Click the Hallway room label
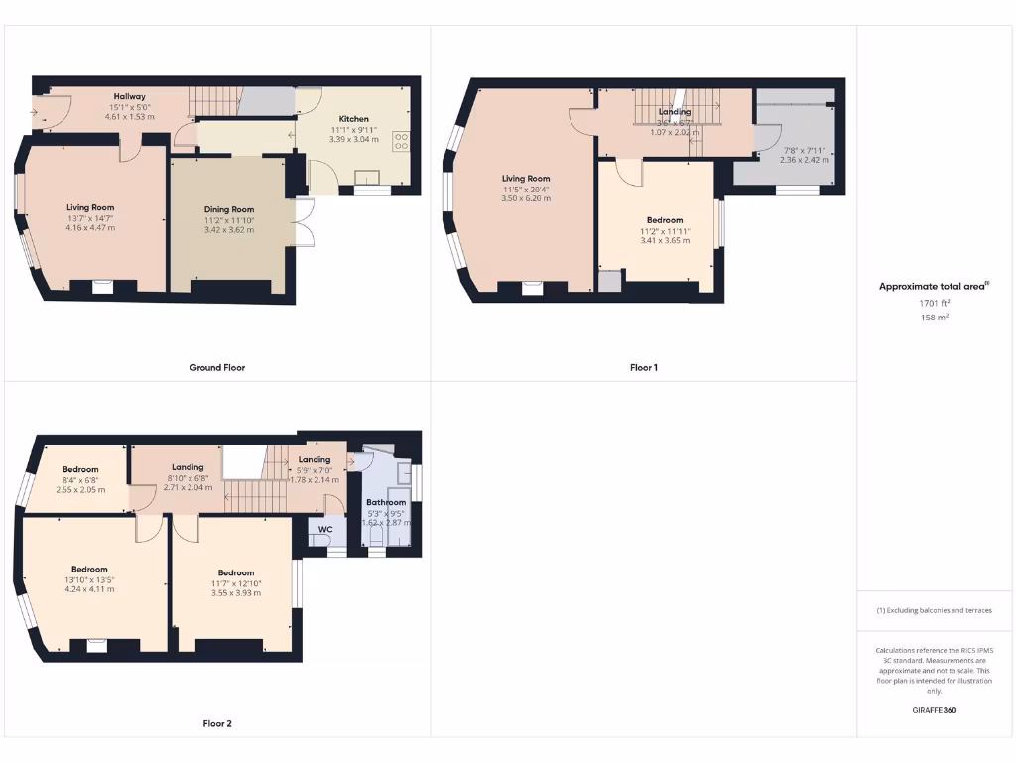(130, 97)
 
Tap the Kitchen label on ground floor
(354, 118)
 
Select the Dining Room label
(229, 210)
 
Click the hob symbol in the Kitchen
(402, 142)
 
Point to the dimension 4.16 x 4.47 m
(91, 228)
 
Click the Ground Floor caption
(217, 367)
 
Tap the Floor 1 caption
(644, 367)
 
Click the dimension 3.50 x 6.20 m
(525, 199)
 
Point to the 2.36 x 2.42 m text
(803, 160)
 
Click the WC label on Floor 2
(324, 530)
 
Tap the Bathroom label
(385, 503)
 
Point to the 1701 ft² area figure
(934, 303)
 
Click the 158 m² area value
(934, 318)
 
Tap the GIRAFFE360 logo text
(935, 710)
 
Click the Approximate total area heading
(933, 287)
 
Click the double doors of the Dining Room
(305, 222)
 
